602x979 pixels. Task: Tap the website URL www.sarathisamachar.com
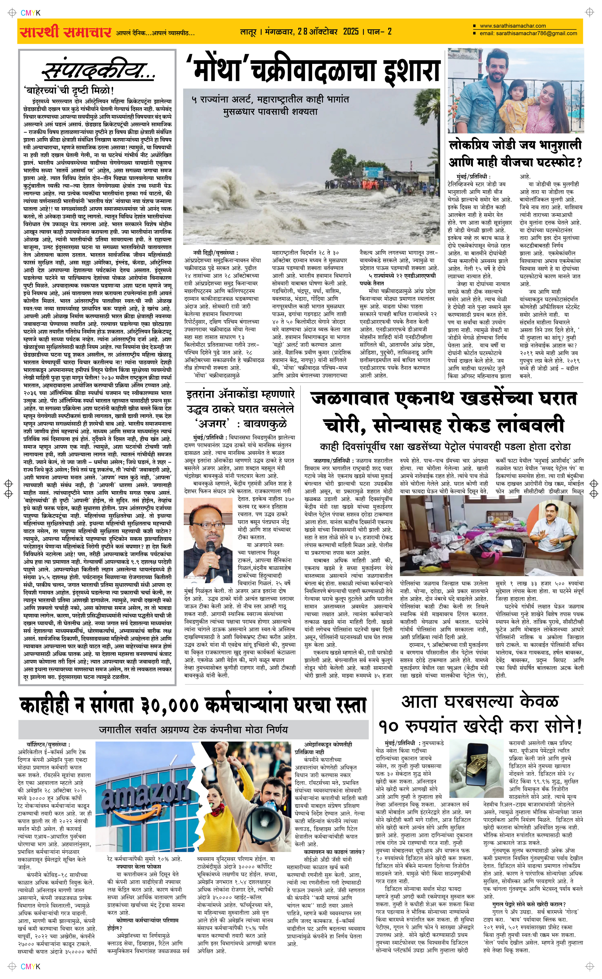click(x=512, y=26)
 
